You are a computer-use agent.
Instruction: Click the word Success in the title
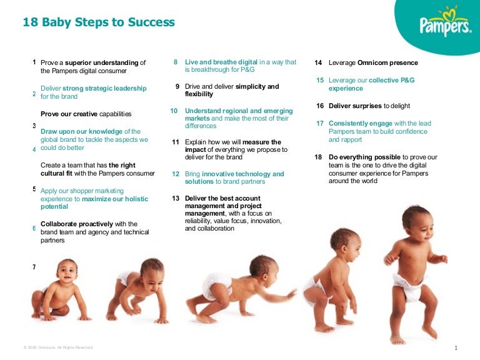coord(151,22)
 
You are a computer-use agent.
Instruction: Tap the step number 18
coord(317,157)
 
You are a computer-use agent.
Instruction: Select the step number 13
coord(176,198)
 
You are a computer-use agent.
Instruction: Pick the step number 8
coord(176,62)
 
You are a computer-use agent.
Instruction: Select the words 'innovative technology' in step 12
coord(242,174)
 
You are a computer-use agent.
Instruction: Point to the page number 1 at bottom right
coord(457,347)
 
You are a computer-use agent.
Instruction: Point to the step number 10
coord(174,111)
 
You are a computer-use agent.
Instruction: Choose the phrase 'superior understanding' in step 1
coord(102,63)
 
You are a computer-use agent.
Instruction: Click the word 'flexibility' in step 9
coord(199,94)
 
